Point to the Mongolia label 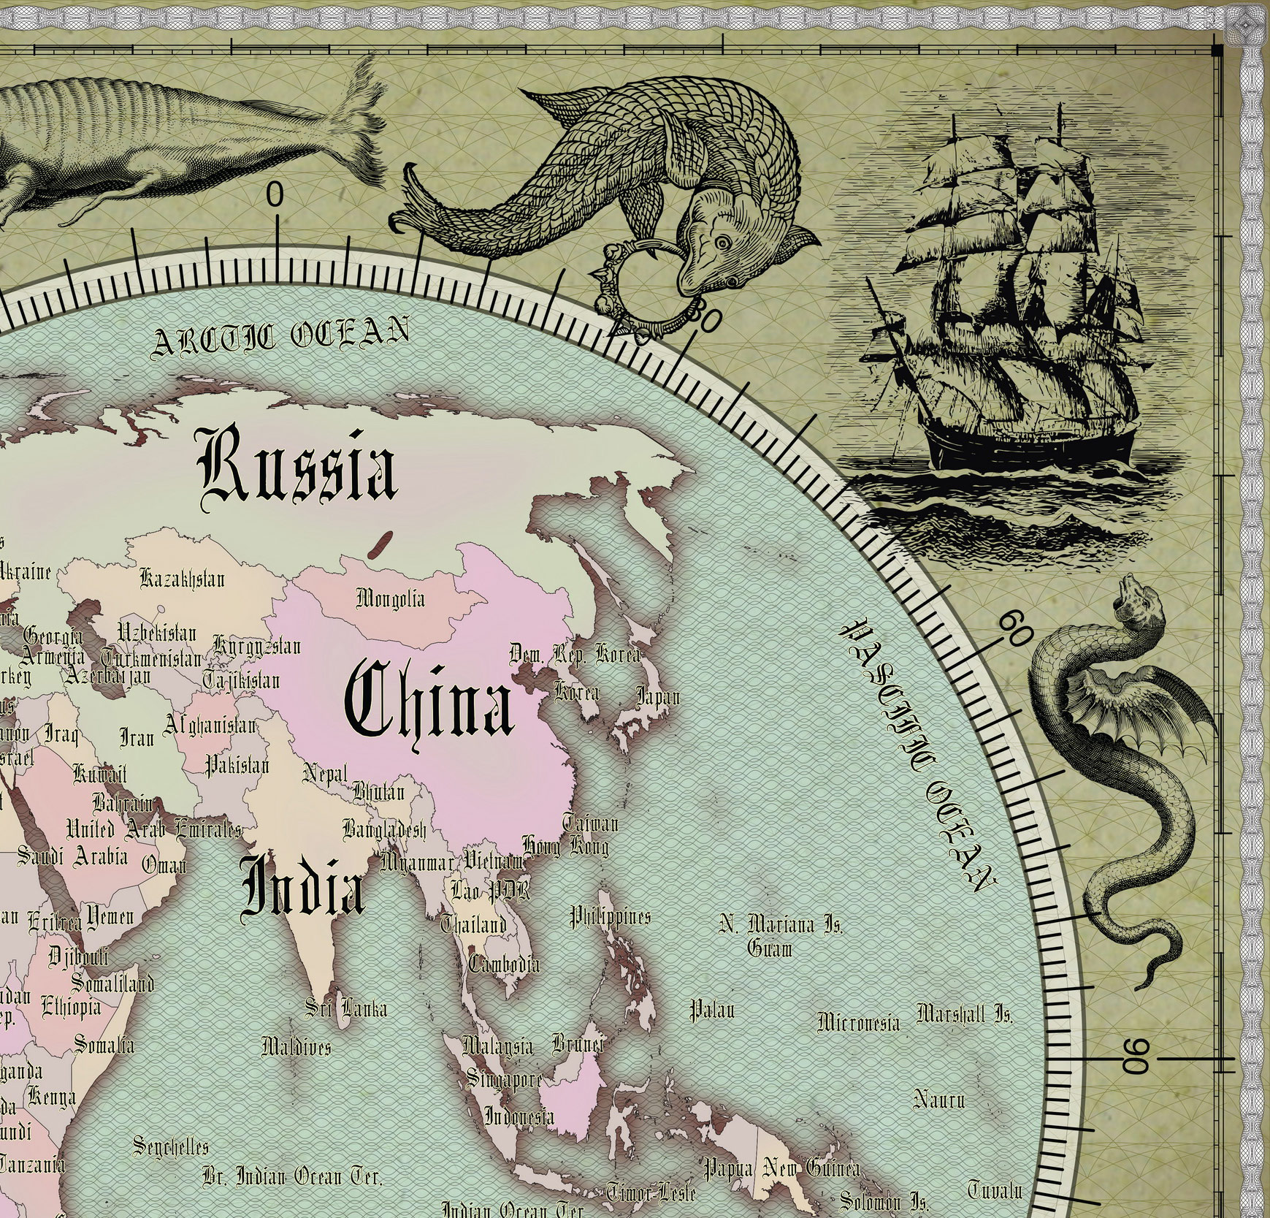point(390,599)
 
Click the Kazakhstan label point(183,579)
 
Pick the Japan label point(658,696)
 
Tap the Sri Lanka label point(346,1009)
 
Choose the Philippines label point(610,916)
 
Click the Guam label point(770,949)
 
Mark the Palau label point(713,1011)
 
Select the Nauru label point(940,1099)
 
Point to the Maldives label point(297,1047)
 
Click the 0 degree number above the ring point(275,195)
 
